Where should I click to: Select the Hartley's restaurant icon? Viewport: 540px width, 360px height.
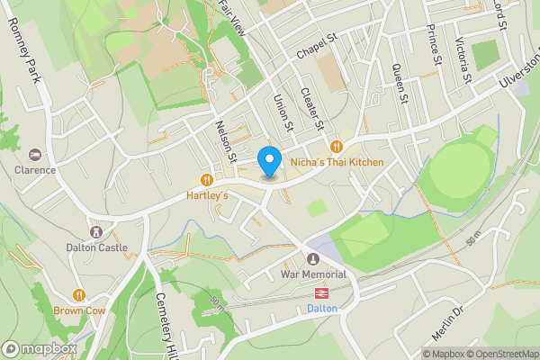point(207,179)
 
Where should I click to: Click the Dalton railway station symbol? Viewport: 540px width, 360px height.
point(320,292)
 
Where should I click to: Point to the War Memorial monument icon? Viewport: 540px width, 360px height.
point(313,259)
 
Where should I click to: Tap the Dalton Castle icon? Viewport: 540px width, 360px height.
point(96,232)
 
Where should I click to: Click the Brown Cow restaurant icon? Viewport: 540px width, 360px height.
point(79,294)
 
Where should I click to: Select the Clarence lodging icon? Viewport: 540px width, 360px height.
point(35,155)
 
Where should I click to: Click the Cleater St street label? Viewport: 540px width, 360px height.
point(310,107)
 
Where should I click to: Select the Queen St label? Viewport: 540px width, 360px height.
point(400,83)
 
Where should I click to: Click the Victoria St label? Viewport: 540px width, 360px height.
point(463,59)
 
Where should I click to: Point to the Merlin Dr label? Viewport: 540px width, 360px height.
point(447,322)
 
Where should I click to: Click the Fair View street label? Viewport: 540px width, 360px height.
point(231,17)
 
